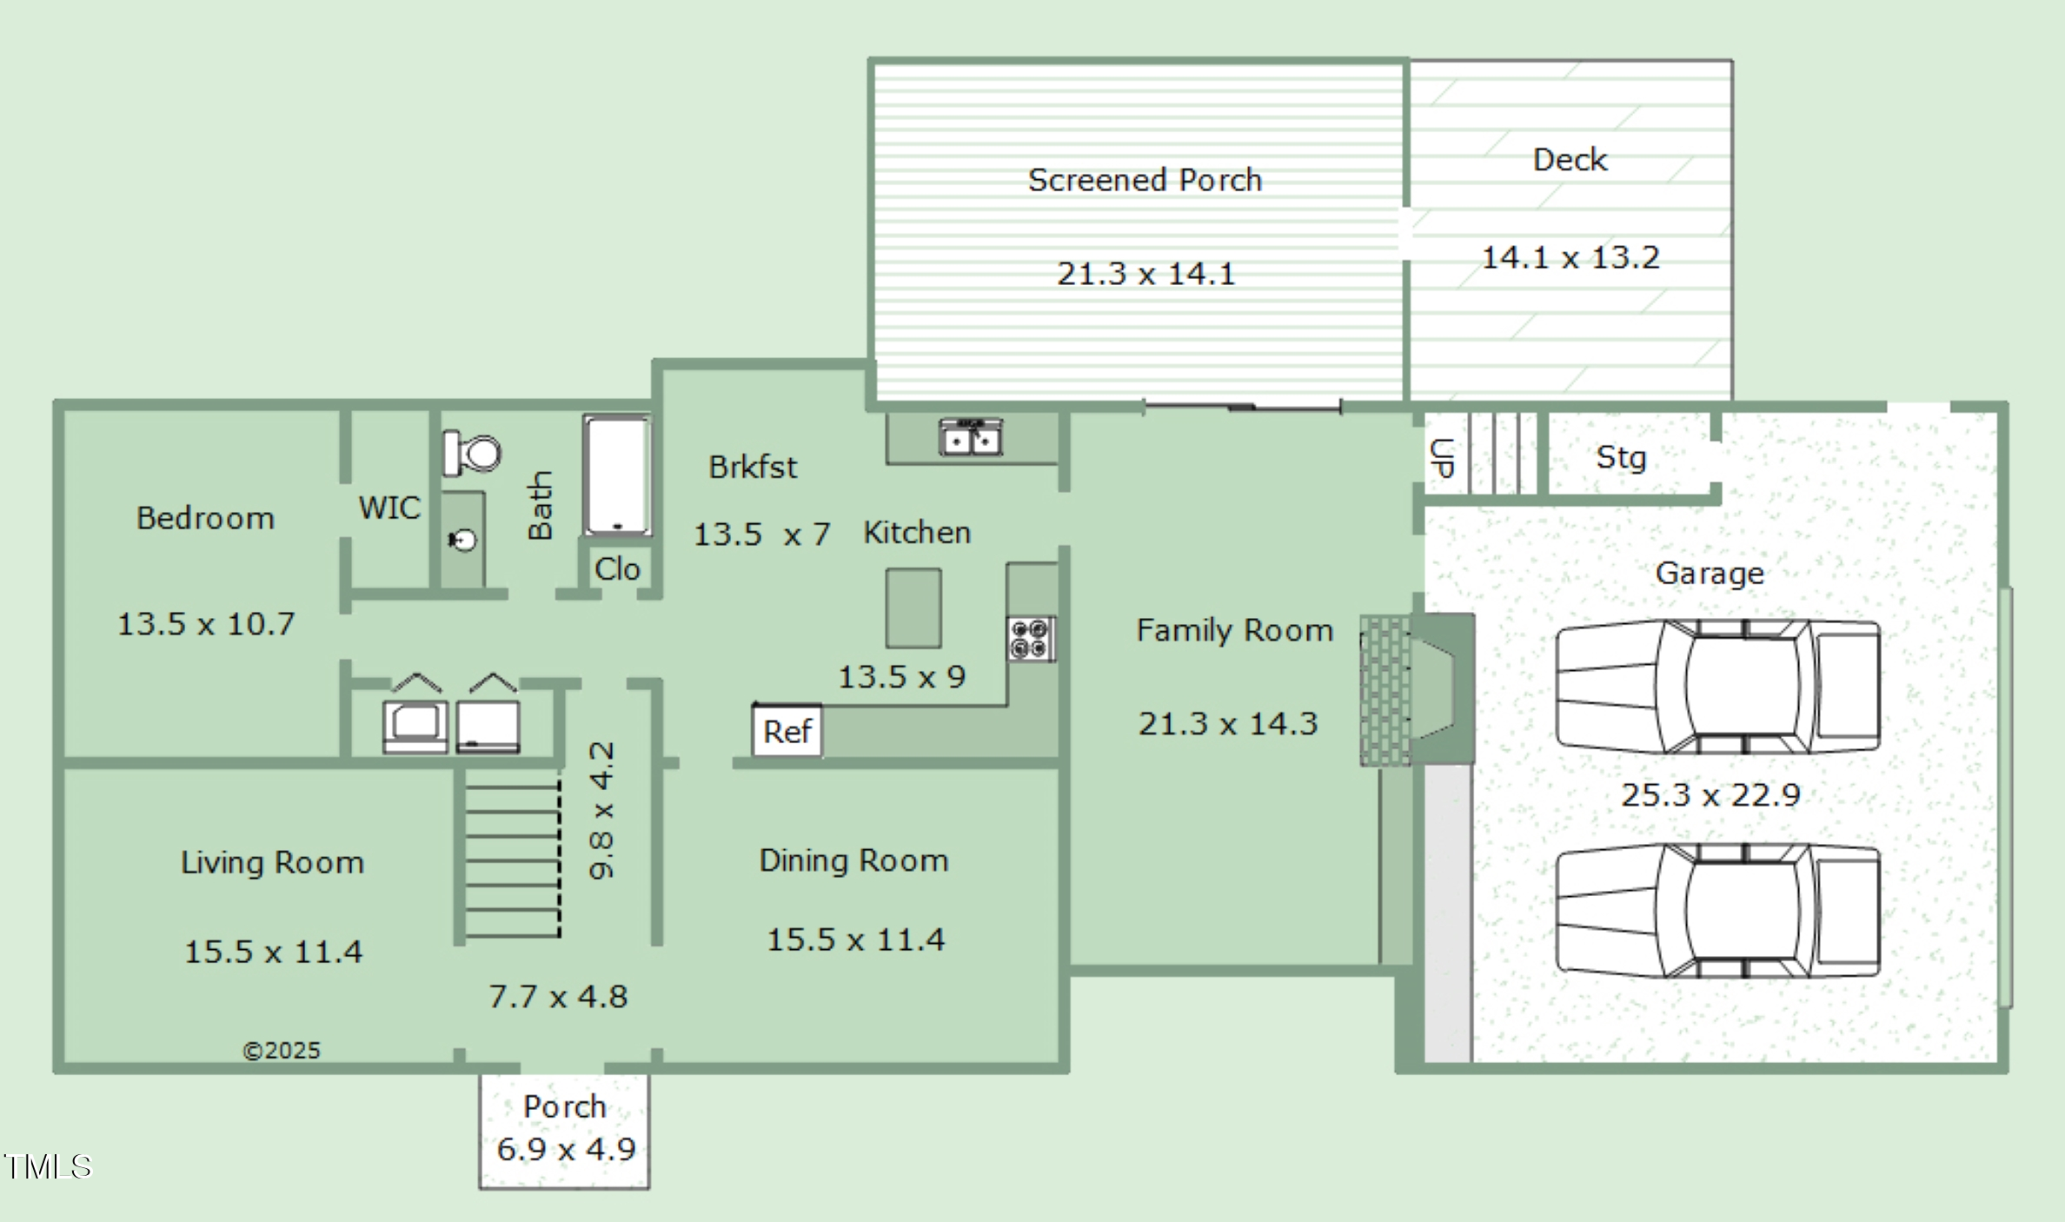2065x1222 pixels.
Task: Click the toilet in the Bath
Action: pos(472,453)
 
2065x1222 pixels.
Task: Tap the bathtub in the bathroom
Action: pos(617,475)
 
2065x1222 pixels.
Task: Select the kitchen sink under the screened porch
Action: pos(971,437)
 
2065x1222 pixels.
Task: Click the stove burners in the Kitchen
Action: pos(1031,639)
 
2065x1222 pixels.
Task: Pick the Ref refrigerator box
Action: pos(787,731)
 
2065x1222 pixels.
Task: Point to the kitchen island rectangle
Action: pos(913,608)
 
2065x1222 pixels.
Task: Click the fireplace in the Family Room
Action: pos(1417,689)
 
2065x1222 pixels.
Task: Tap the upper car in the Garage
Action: pos(1718,686)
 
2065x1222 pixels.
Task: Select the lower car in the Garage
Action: pos(1718,911)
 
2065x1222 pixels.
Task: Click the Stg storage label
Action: pos(1622,458)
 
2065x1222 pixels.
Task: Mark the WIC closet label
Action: pos(389,508)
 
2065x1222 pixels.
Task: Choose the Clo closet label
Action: pos(617,569)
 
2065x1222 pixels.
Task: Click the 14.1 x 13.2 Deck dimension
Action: pos(1570,257)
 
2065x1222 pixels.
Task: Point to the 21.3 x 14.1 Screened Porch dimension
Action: pos(1145,274)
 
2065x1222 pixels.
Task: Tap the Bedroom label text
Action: pos(205,518)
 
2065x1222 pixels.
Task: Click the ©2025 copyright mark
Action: pos(282,1051)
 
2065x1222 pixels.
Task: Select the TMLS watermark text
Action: pos(47,1166)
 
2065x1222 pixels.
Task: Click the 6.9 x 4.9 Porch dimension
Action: pos(566,1149)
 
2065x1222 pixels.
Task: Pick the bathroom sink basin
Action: pos(462,541)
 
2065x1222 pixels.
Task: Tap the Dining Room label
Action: pos(853,860)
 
